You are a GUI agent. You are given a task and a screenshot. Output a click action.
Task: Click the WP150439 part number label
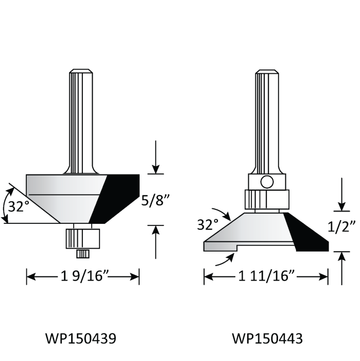tap(81, 338)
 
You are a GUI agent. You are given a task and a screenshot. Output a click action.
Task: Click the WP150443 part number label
tap(267, 338)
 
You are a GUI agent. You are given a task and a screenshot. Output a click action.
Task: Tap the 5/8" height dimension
tap(155, 201)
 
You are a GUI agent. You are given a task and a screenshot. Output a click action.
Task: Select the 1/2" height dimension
tap(341, 226)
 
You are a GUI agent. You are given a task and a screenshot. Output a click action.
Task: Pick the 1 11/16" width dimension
tap(266, 276)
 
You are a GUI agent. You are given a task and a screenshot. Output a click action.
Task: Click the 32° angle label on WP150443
tap(208, 224)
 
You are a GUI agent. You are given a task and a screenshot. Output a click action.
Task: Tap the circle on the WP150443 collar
tap(267, 182)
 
